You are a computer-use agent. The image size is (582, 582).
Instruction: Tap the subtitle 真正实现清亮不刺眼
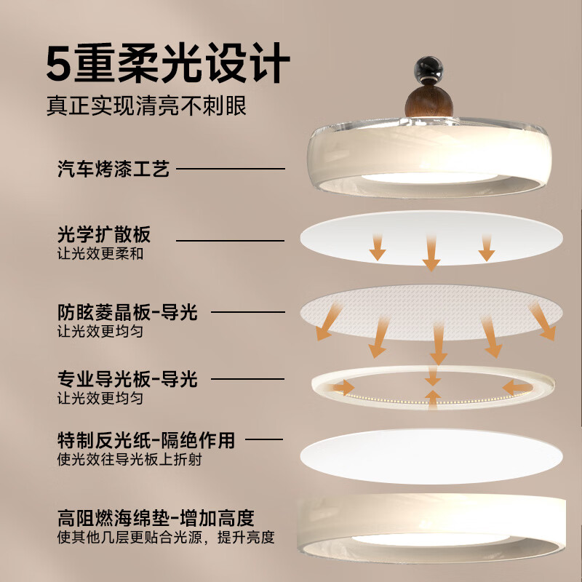[x=146, y=106]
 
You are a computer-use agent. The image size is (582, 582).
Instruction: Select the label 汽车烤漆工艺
[x=113, y=170]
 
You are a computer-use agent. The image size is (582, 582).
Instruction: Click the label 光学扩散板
[x=103, y=235]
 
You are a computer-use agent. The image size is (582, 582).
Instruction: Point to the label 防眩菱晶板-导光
[x=127, y=313]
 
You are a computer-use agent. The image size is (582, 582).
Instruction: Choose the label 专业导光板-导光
[x=127, y=379]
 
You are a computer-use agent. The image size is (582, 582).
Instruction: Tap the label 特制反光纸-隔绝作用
[x=145, y=440]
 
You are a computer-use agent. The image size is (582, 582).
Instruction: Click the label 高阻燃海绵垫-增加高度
[x=156, y=519]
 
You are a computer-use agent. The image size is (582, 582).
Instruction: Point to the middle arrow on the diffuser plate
[x=431, y=251]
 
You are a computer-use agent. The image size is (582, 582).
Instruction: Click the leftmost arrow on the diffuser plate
[x=377, y=247]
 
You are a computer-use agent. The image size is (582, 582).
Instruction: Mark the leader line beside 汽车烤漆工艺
[x=231, y=170]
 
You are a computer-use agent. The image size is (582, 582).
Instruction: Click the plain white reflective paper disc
[x=431, y=455]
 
